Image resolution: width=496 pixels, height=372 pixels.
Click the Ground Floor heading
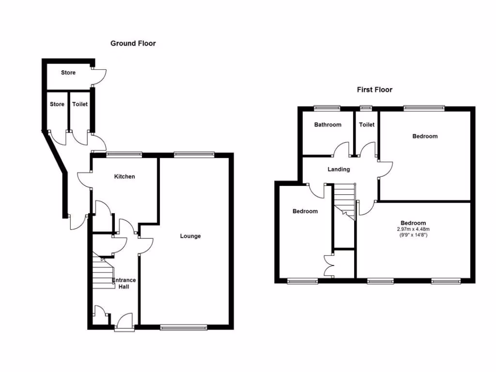(133, 44)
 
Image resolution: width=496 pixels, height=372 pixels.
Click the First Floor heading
(374, 90)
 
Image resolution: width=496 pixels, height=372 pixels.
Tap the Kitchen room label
(124, 176)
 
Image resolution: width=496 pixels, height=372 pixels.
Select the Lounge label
(190, 236)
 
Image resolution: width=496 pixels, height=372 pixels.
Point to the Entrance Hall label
(124, 283)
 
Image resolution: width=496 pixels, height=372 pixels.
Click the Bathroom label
(327, 124)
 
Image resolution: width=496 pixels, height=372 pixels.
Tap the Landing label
(339, 169)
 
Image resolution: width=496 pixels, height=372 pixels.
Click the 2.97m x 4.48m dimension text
(413, 229)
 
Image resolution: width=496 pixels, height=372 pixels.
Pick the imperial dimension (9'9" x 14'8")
(413, 235)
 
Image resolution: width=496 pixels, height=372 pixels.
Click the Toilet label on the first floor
(367, 124)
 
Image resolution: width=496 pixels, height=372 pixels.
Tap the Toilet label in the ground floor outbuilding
(80, 104)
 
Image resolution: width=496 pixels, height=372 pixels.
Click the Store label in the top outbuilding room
(68, 73)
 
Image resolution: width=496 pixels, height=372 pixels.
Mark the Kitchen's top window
(124, 155)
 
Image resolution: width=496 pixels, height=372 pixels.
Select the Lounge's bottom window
(184, 327)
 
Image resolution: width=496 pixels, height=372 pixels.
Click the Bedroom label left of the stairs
(305, 211)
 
